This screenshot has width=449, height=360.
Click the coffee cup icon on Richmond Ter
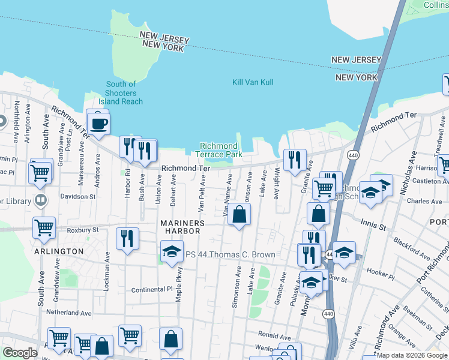[98, 124]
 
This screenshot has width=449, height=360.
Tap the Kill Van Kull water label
[253, 82]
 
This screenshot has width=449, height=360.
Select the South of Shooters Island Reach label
[124, 93]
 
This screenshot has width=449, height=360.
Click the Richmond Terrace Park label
[221, 150]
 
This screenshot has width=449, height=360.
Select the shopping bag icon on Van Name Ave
[239, 214]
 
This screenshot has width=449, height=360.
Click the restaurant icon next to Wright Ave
[294, 160]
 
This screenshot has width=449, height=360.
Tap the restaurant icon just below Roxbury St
[127, 239]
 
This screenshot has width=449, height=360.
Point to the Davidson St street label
[76, 196]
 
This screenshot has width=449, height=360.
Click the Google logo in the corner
[20, 353]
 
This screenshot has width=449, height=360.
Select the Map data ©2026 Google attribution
[412, 355]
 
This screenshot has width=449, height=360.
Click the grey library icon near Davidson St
[41, 200]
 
